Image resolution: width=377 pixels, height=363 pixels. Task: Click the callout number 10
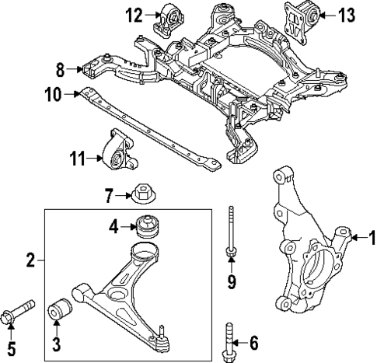52,96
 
